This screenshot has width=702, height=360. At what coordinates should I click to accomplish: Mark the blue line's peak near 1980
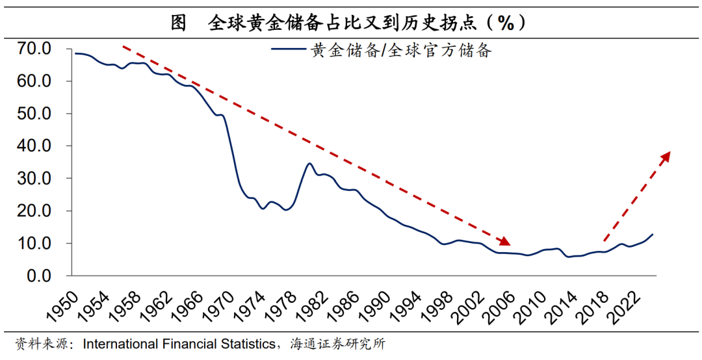(310, 163)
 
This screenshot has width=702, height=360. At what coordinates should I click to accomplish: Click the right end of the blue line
(653, 234)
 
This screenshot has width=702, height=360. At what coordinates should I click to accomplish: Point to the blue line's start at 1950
(75, 53)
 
